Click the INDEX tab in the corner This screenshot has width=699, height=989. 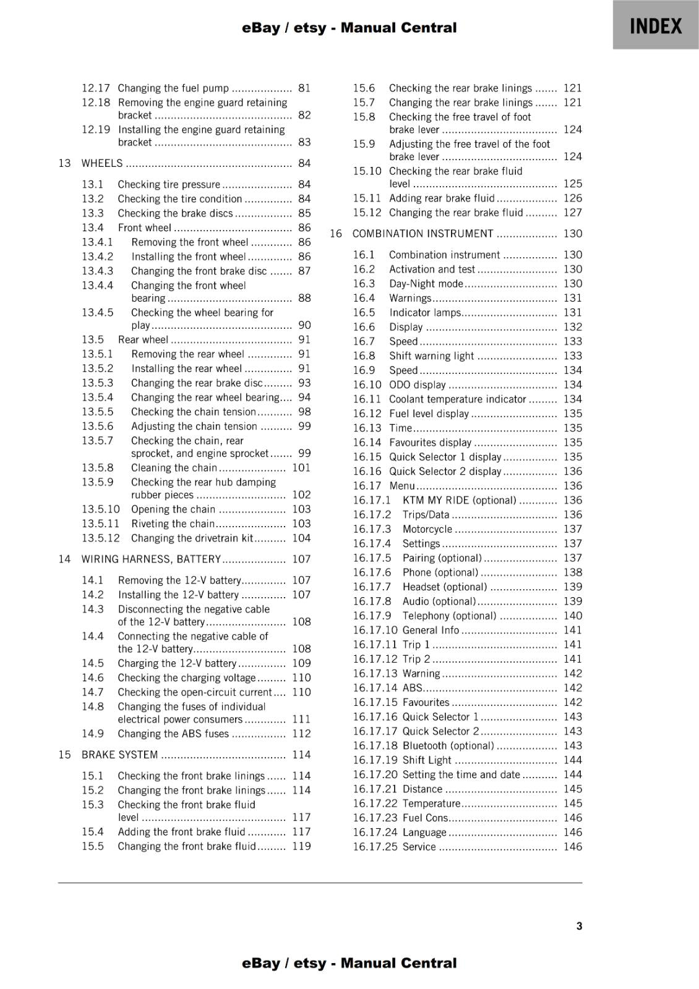(656, 26)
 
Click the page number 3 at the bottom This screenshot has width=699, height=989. (579, 926)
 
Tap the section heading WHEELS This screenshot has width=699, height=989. (102, 163)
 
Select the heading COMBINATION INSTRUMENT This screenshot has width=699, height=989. (422, 234)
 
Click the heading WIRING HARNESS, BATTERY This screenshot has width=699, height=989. (151, 559)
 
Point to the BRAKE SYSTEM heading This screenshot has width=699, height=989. (119, 754)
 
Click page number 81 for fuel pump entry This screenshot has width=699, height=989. (304, 88)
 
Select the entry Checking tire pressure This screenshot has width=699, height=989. (169, 184)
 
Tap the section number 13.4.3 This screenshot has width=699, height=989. (98, 271)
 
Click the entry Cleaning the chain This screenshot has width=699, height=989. (174, 467)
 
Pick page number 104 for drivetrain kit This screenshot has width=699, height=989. (301, 538)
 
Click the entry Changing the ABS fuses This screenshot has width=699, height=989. (173, 733)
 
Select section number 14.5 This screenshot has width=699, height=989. (93, 663)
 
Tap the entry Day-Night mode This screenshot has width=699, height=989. (426, 283)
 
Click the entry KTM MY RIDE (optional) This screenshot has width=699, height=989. (459, 500)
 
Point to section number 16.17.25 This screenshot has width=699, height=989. (375, 846)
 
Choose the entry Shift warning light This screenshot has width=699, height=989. (431, 355)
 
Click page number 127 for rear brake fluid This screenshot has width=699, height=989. (572, 212)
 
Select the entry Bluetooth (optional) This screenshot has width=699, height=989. (448, 745)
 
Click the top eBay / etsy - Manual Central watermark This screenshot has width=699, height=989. (349, 28)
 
